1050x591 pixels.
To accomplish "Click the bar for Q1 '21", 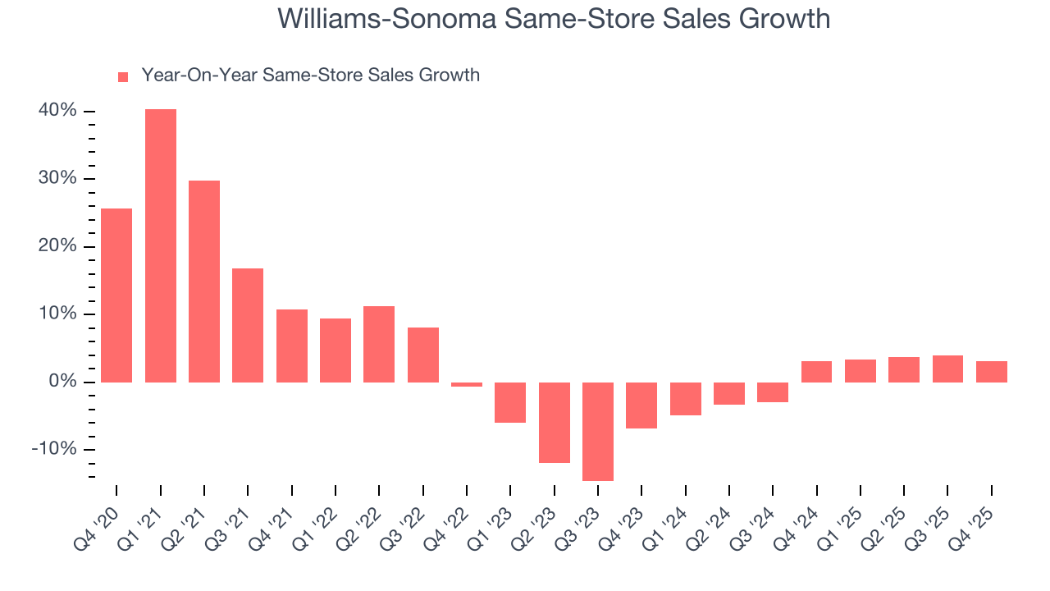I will (161, 245).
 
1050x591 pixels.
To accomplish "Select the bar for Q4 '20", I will (116, 295).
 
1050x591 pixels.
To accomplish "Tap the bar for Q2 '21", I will (204, 282).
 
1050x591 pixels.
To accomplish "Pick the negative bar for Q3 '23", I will (598, 431).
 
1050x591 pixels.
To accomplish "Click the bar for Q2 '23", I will (555, 422).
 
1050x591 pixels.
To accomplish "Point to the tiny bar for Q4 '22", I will (467, 384).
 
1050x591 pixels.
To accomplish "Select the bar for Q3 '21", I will (248, 325).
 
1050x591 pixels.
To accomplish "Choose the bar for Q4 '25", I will (992, 372).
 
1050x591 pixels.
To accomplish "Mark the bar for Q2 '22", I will (379, 344).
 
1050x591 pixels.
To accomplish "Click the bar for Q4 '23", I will (641, 405).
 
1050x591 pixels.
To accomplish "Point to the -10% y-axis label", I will (54, 450).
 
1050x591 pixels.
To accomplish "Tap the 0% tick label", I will (62, 382).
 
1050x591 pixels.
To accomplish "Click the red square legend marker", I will (123, 76).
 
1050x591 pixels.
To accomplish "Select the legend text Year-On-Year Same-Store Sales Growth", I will (310, 76).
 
